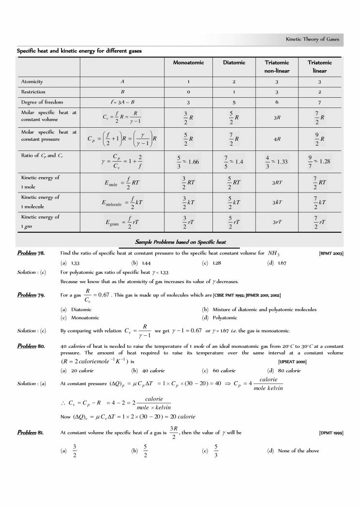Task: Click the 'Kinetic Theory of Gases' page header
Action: click(312, 39)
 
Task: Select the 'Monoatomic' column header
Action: click(188, 62)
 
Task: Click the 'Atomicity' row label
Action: click(32, 82)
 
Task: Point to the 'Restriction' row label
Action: click(33, 91)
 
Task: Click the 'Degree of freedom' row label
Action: click(41, 102)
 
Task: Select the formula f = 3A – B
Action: click(122, 102)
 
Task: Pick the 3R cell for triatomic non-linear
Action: click(277, 117)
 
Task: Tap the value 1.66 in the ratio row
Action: click(193, 161)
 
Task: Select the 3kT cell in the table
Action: click(277, 202)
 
